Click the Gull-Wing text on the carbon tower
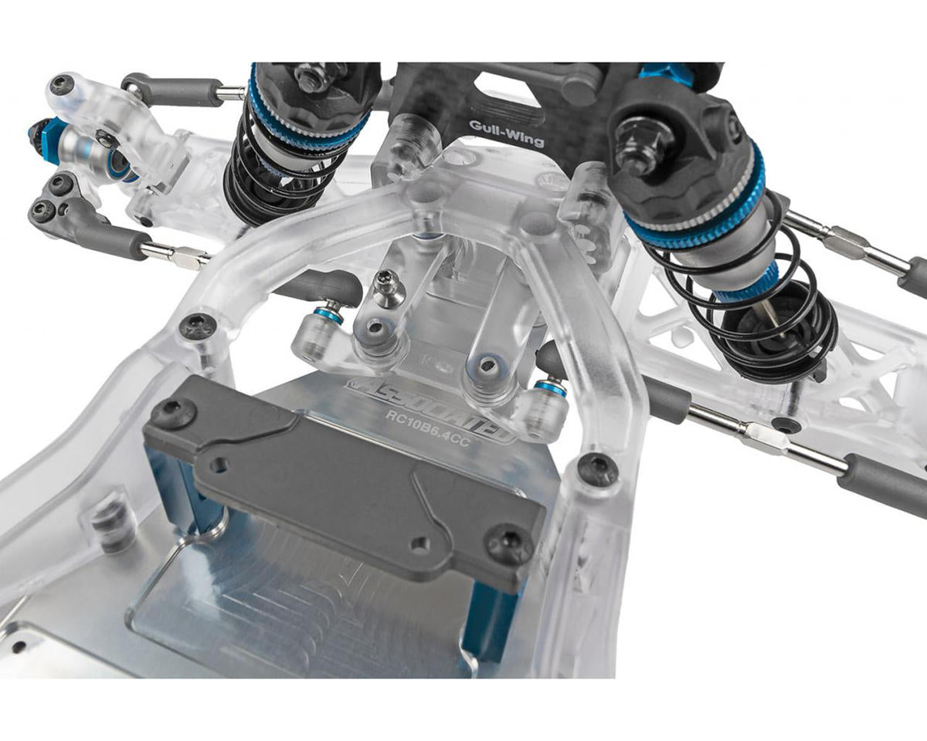(506, 133)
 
